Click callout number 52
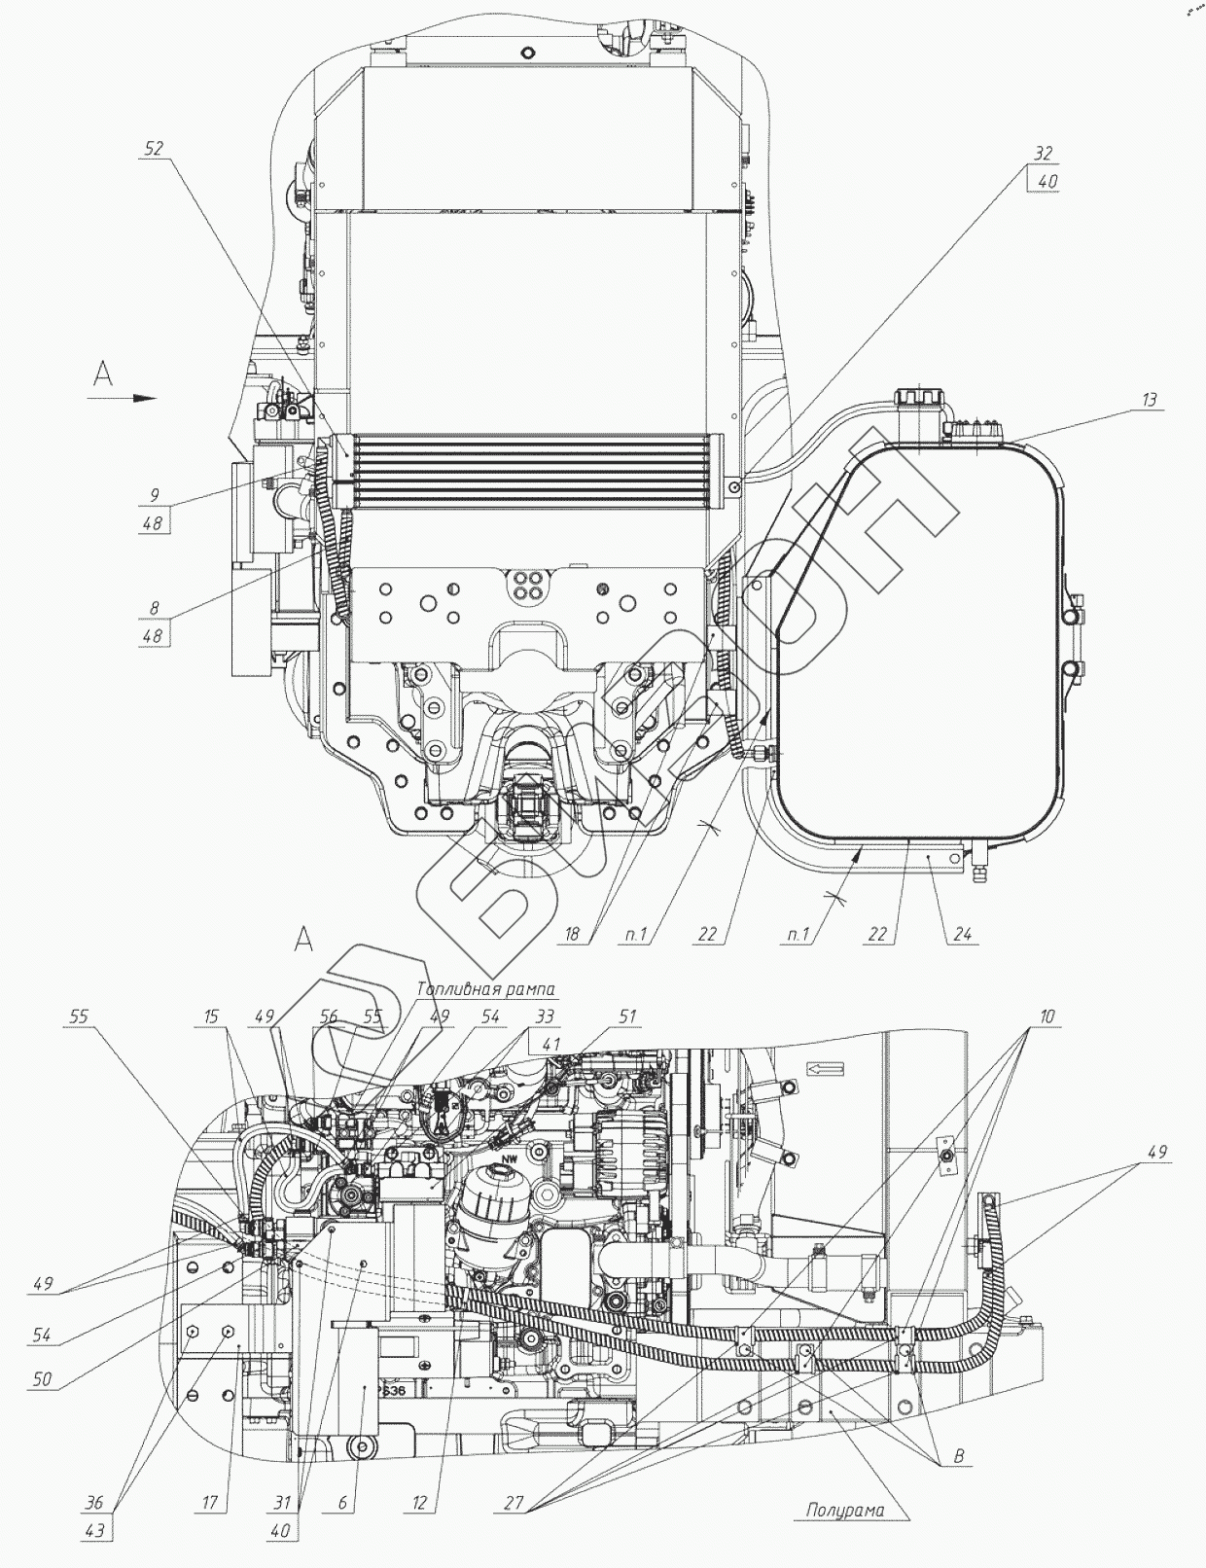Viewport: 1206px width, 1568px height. [x=153, y=148]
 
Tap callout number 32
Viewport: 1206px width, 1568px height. [x=1043, y=154]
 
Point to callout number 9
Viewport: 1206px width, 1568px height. [x=154, y=494]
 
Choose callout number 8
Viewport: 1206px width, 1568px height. [x=154, y=608]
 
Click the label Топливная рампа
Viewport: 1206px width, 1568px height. [x=485, y=989]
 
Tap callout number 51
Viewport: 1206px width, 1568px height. [x=627, y=1016]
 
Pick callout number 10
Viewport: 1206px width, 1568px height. [x=1046, y=1016]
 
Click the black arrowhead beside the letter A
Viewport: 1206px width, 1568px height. [x=144, y=397]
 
